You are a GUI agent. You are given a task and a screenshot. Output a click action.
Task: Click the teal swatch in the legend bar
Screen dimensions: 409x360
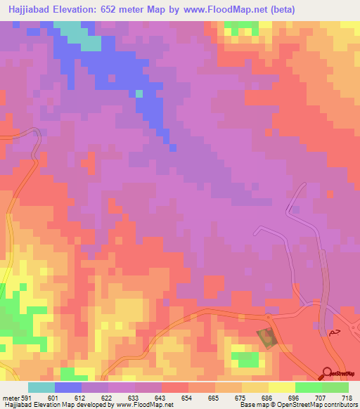tap(41, 387)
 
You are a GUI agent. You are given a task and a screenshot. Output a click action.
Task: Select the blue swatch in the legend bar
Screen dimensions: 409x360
tap(68, 387)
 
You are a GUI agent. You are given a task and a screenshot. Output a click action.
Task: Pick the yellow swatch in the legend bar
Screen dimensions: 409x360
tap(281, 387)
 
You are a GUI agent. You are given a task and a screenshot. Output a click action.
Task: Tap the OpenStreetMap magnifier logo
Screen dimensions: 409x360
tap(327, 375)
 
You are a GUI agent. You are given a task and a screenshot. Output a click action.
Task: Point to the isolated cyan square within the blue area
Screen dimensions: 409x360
tap(139, 93)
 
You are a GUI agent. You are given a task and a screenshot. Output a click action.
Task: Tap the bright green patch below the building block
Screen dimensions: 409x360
tap(247, 359)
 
